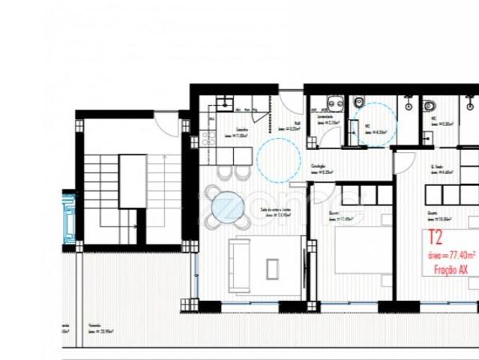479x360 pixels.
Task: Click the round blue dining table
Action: click(x=227, y=203)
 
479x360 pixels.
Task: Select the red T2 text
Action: click(x=436, y=238)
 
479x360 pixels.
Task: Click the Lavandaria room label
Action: click(x=326, y=117)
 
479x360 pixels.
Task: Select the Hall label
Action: click(x=297, y=126)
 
